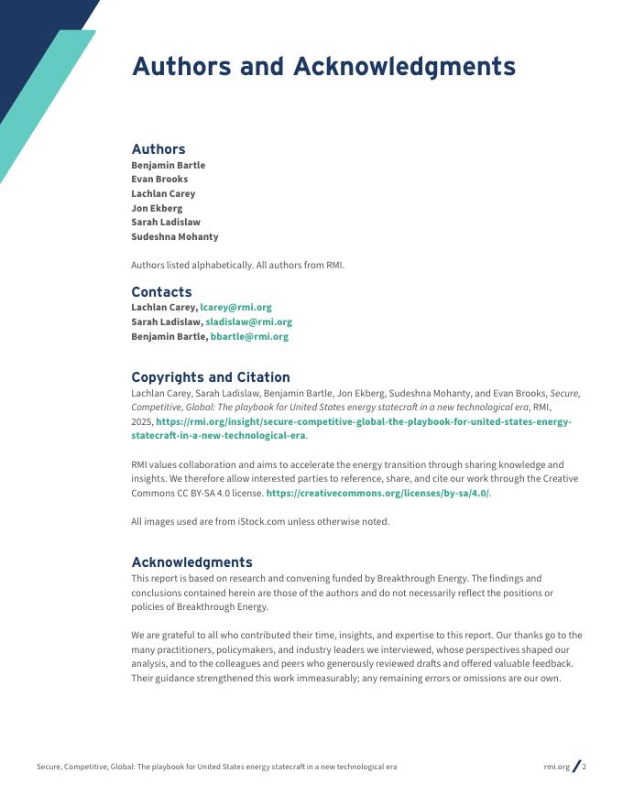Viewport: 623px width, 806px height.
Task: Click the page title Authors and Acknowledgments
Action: coord(323,67)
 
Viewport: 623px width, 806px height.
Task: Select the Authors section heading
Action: coord(158,149)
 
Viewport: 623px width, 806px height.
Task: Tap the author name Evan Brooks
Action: coord(159,180)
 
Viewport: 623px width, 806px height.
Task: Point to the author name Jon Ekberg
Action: coord(157,208)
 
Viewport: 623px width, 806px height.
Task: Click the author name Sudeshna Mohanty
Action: coord(175,236)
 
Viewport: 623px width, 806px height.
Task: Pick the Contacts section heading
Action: coord(161,292)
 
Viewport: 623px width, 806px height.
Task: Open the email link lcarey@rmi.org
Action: coord(235,308)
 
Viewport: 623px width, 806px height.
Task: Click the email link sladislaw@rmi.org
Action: coord(248,322)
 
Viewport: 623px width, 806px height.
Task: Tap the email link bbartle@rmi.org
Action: coord(249,336)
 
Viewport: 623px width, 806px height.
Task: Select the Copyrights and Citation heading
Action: coord(211,377)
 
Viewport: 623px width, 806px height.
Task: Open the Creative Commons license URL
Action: coord(377,494)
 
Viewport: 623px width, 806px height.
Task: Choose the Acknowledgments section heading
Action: coord(191,562)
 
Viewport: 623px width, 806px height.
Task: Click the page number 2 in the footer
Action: coord(585,767)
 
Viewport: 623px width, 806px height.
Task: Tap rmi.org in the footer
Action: coord(556,767)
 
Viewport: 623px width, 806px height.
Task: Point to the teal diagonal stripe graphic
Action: coord(46,101)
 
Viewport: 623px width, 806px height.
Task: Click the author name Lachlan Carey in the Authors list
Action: coord(163,193)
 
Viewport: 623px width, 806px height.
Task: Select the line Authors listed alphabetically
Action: coord(237,266)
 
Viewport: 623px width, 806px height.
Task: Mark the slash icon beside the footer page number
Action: coord(575,767)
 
